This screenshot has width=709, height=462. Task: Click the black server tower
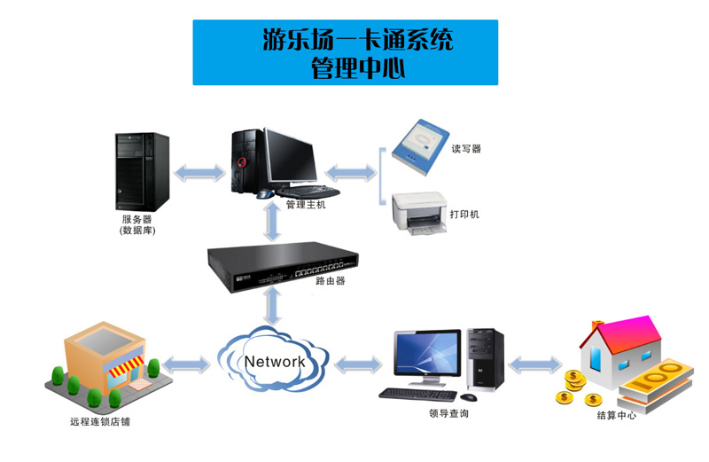[141, 170]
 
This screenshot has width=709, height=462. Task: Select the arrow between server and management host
[200, 172]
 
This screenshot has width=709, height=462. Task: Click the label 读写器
[466, 149]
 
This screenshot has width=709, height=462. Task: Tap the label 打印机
[465, 214]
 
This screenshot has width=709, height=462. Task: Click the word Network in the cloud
[275, 362]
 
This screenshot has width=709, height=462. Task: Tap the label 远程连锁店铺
[99, 421]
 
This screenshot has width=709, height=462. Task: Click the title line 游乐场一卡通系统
[346, 40]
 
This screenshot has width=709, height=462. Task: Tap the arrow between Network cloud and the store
[188, 363]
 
